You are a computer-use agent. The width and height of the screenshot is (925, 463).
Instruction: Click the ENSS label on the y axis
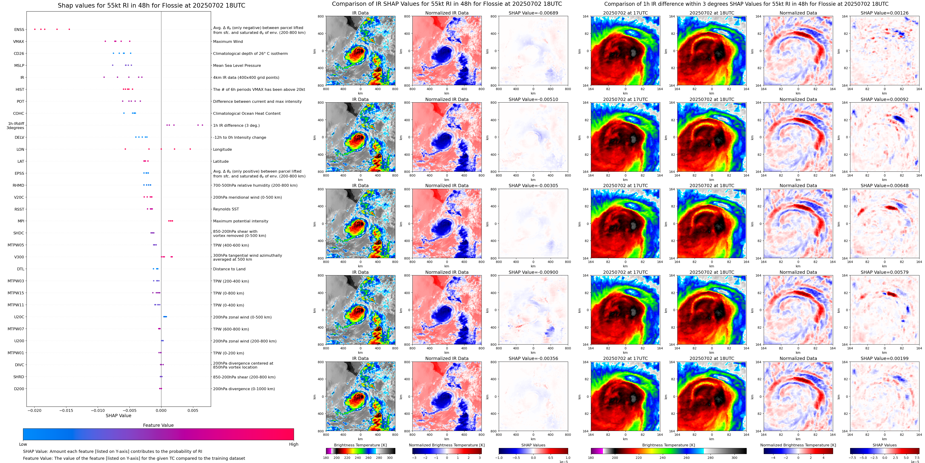click(x=19, y=30)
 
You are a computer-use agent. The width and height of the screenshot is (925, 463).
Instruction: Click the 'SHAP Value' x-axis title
click(x=118, y=416)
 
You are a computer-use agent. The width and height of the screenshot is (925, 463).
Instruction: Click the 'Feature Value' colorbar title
click(x=158, y=425)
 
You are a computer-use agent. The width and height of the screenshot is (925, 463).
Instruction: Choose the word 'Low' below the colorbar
click(x=23, y=444)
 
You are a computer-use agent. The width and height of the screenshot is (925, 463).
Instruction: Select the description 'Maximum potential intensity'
click(x=240, y=221)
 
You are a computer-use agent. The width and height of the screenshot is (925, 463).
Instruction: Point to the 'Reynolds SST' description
click(x=226, y=209)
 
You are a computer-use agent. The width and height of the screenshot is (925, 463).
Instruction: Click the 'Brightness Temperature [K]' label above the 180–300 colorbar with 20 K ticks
click(x=360, y=445)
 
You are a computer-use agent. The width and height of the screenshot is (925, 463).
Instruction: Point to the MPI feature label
click(x=21, y=221)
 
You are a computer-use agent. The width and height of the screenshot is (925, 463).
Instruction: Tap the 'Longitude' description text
click(x=222, y=149)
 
